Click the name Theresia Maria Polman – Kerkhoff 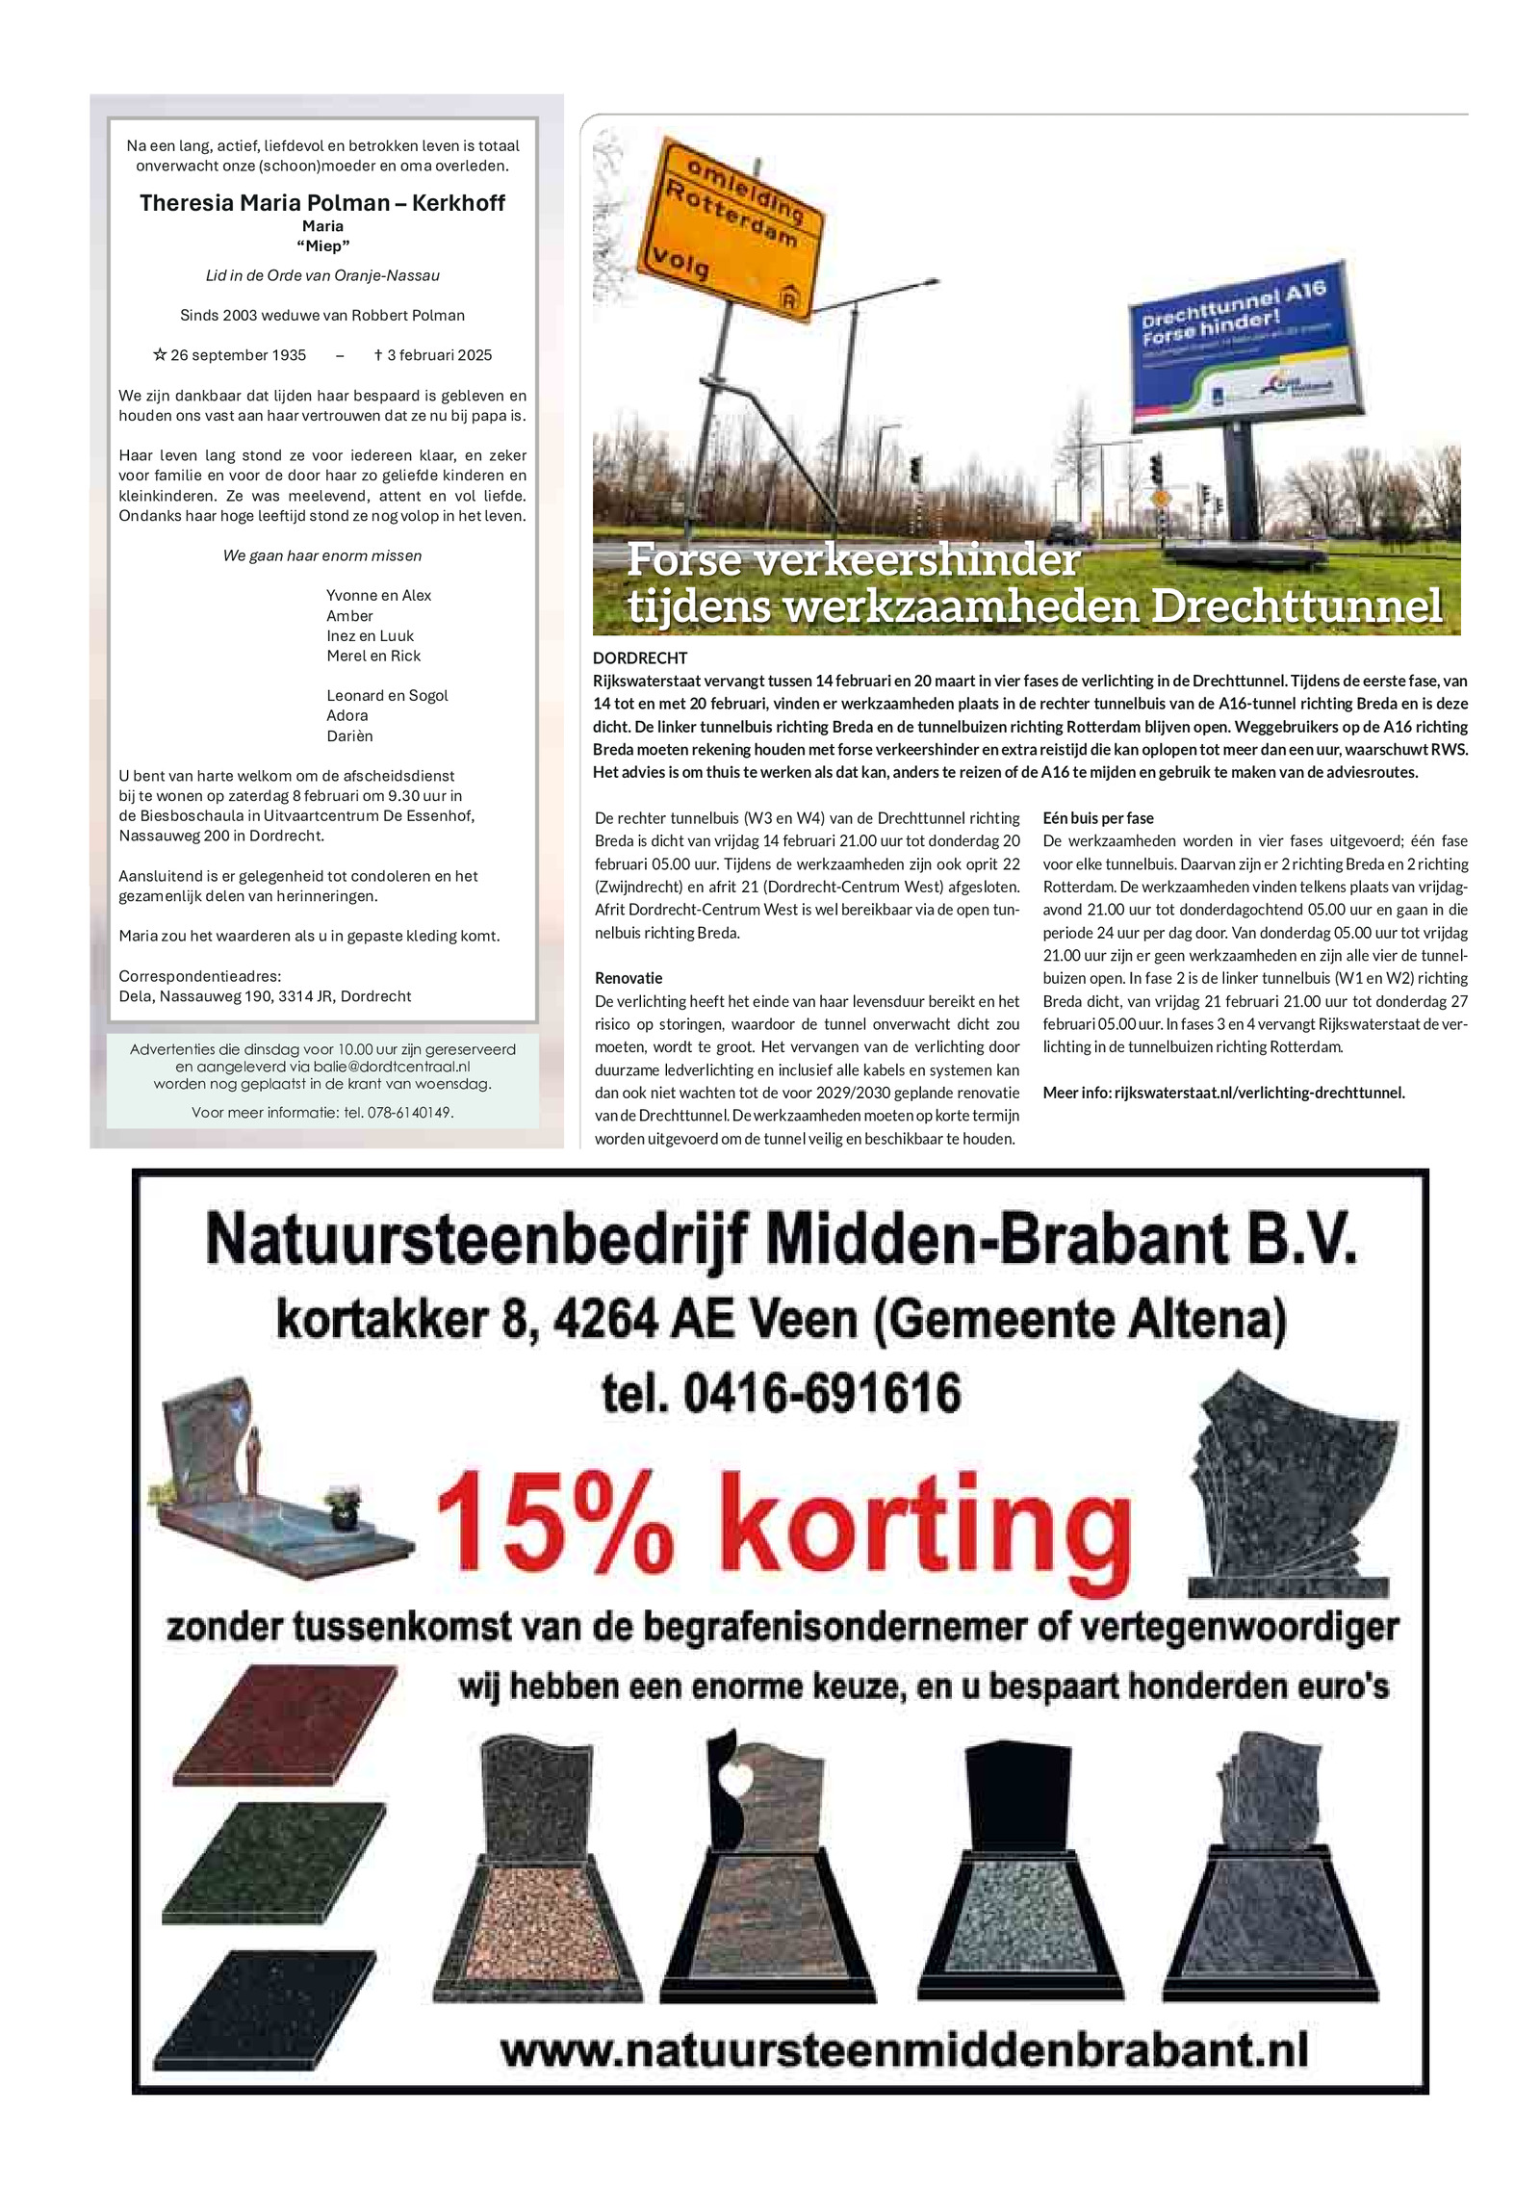[321, 203]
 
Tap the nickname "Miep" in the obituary [322, 246]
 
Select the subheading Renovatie [629, 978]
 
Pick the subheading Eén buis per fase [1098, 818]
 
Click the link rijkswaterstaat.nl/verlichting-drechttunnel [1259, 1093]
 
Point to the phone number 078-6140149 [410, 1113]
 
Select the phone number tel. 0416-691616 [781, 1393]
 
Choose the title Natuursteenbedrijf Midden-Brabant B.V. [781, 1240]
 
